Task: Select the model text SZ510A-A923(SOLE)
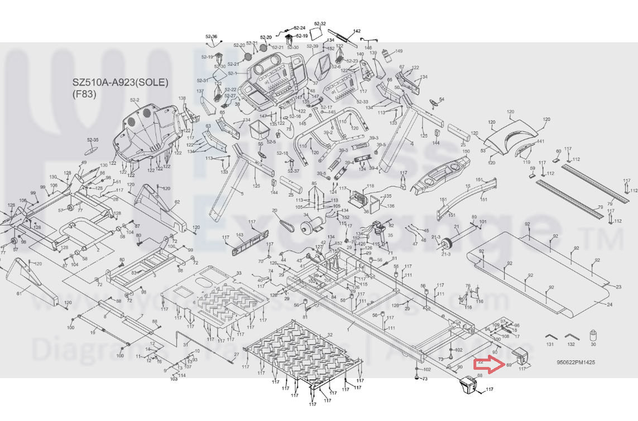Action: [x=120, y=83]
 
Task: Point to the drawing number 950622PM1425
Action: [x=575, y=362]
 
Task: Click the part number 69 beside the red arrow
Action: [x=509, y=365]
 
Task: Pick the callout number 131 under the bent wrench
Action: [x=550, y=345]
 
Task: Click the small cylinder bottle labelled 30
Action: [x=593, y=335]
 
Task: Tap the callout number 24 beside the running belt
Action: [x=609, y=304]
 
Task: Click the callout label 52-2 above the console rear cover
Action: [x=135, y=100]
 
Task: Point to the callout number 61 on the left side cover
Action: [x=19, y=293]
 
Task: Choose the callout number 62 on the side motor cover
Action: [x=177, y=202]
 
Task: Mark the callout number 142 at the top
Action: [x=357, y=31]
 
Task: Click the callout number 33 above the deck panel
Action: [x=239, y=273]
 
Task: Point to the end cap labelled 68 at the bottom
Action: [x=468, y=385]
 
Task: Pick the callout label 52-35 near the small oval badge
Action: [x=93, y=140]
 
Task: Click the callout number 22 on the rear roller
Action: [x=480, y=362]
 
